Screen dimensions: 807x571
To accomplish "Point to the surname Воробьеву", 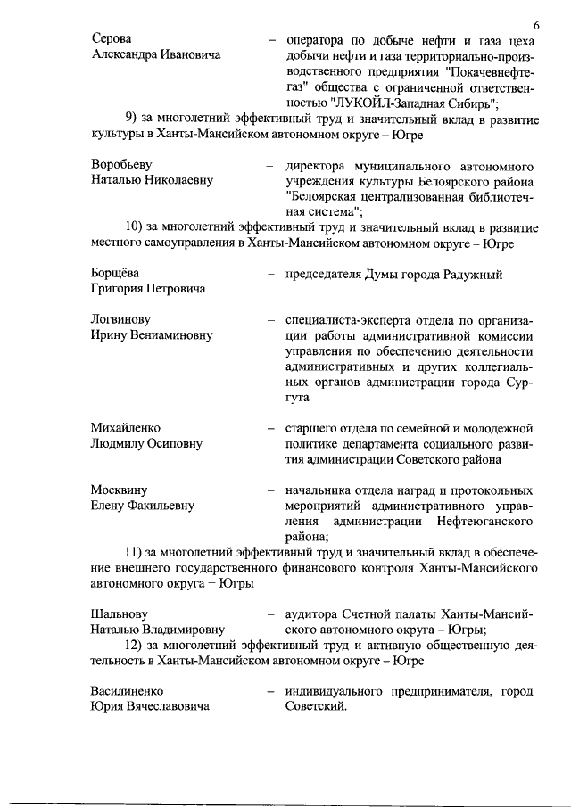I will click(x=122, y=166).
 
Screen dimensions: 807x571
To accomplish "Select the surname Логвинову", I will click(x=120, y=319).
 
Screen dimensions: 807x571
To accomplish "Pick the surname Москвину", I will click(x=119, y=490).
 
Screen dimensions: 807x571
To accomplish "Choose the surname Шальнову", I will click(x=120, y=614).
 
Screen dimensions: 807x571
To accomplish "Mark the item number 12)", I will click(x=137, y=646).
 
